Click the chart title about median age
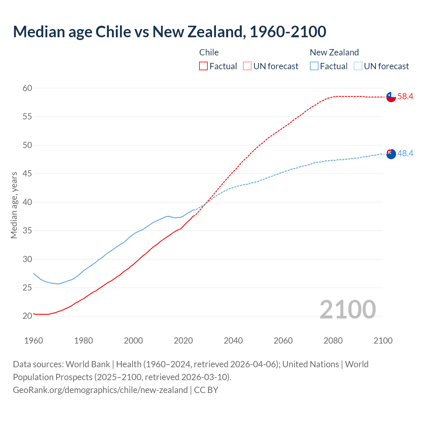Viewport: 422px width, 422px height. pyautogui.click(x=169, y=32)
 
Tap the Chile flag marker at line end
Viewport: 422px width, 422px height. pyautogui.click(x=391, y=97)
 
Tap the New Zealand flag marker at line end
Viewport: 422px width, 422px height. pyautogui.click(x=391, y=154)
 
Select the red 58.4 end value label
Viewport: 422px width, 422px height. pyautogui.click(x=405, y=97)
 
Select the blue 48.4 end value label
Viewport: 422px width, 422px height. pyautogui.click(x=405, y=153)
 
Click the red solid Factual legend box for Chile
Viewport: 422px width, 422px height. pyautogui.click(x=203, y=66)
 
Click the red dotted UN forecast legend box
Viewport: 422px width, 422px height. pyautogui.click(x=247, y=66)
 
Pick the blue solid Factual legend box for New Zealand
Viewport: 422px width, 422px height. pyautogui.click(x=314, y=66)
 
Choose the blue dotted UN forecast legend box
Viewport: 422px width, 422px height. pyautogui.click(x=358, y=66)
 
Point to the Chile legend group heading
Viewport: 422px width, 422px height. pyautogui.click(x=209, y=52)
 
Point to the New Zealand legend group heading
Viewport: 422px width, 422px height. pyautogui.click(x=334, y=52)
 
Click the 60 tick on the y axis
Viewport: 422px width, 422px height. pyautogui.click(x=27, y=88)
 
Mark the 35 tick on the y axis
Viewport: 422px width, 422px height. pyautogui.click(x=27, y=230)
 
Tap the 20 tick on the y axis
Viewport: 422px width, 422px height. pyautogui.click(x=27, y=316)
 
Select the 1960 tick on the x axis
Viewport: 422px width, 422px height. pyautogui.click(x=34, y=341)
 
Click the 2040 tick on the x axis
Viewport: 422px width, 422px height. pyautogui.click(x=233, y=341)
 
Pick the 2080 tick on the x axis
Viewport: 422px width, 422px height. pyautogui.click(x=333, y=341)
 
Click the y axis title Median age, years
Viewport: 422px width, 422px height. pyautogui.click(x=14, y=205)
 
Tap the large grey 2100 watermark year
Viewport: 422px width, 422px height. pyautogui.click(x=347, y=309)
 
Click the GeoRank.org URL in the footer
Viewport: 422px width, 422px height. pyautogui.click(x=100, y=390)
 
